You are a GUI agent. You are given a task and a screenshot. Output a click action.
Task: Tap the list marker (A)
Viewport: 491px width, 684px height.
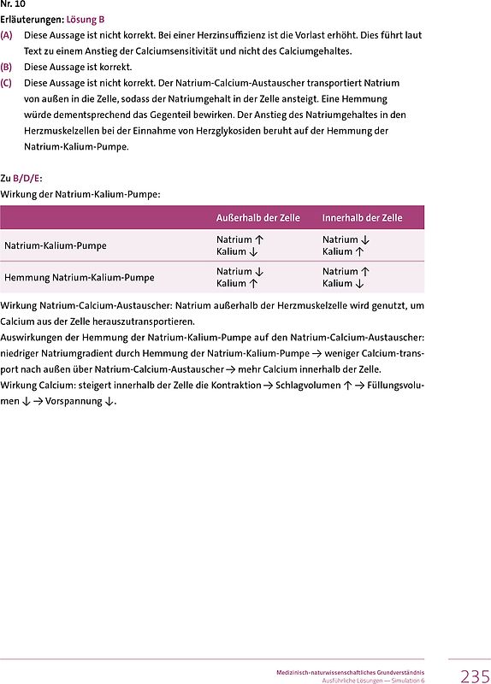[7, 35]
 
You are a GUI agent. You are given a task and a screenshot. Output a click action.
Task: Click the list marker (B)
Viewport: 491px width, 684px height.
[7, 67]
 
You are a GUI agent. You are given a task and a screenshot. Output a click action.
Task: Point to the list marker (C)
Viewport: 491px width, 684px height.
[7, 83]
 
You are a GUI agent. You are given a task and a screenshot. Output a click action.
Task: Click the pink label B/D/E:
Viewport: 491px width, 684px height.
[27, 179]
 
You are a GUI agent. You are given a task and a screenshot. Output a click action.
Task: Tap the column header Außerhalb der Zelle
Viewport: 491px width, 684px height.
[257, 218]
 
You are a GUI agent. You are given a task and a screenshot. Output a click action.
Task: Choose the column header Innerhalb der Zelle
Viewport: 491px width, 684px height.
[362, 218]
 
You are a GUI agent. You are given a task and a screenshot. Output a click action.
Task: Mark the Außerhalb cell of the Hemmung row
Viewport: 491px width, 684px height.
[240, 277]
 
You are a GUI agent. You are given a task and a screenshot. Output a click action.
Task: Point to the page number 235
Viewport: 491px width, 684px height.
[475, 676]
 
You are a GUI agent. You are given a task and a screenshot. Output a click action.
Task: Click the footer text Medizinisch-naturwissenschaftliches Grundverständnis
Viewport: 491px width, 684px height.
[356, 672]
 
